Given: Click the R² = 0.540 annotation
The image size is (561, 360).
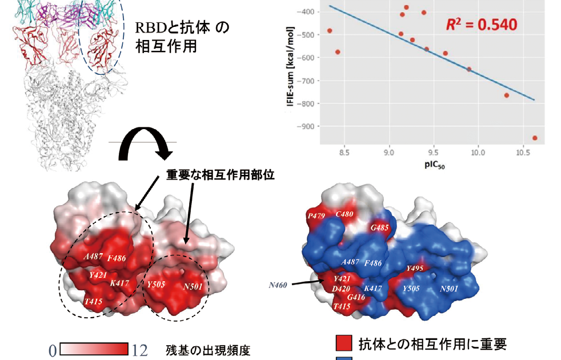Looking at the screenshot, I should [482, 24].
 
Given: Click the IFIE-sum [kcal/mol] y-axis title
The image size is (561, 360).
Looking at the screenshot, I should [290, 69].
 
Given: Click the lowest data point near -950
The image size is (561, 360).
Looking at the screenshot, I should [535, 138].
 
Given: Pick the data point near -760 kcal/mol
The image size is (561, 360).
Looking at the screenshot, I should [507, 95].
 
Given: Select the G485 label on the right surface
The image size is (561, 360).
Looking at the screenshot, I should [380, 228].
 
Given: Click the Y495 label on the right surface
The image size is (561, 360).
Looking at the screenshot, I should [416, 268].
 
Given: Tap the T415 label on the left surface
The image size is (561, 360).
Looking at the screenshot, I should [94, 301].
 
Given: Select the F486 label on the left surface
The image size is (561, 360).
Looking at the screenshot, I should [117, 258].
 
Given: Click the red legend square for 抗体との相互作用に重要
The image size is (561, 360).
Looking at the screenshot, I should [343, 343].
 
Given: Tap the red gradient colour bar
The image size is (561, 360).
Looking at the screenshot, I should [94, 349].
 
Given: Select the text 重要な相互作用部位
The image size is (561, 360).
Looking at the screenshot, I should [221, 176].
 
